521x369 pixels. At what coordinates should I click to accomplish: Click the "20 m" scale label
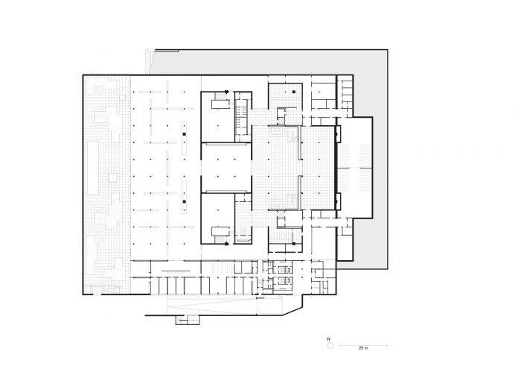click(363, 348)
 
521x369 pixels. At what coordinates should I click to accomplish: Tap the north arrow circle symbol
click(330, 346)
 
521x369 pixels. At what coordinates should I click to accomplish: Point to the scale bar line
click(364, 345)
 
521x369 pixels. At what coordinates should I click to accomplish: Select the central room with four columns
click(226, 168)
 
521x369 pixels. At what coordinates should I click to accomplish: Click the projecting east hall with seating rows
click(354, 168)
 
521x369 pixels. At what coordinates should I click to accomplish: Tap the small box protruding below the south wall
click(188, 319)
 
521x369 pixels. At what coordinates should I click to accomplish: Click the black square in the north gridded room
click(294, 92)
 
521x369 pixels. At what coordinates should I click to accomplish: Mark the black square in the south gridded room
click(294, 244)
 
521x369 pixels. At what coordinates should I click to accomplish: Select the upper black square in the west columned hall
click(184, 134)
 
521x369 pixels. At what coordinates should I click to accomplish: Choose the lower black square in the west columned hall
click(184, 201)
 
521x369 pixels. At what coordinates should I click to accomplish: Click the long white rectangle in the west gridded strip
click(93, 168)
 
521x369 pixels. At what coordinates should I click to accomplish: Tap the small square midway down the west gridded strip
click(112, 177)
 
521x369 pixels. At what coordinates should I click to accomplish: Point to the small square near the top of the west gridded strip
click(123, 98)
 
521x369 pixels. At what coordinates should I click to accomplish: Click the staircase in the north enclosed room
click(220, 96)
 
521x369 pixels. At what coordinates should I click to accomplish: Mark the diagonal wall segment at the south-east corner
click(293, 311)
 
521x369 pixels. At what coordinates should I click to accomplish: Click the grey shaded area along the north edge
click(266, 62)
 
